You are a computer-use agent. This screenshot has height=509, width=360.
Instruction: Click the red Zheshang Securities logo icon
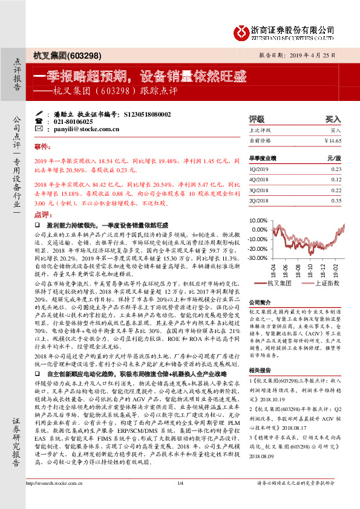point(243,30)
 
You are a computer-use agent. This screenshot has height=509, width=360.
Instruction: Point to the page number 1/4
point(180,499)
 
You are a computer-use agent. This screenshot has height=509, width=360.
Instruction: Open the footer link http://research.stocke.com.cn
point(53,499)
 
